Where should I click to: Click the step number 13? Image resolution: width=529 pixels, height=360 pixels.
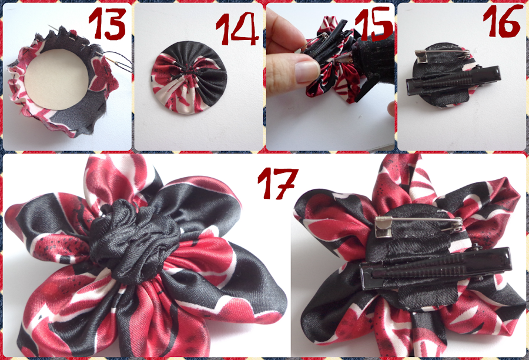[x=108, y=24]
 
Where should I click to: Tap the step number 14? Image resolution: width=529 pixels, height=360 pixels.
[x=237, y=29]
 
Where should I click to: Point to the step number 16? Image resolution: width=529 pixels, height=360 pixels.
[x=503, y=21]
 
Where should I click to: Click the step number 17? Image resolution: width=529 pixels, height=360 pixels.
[x=277, y=182]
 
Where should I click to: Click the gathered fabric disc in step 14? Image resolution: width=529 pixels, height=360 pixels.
[x=189, y=77]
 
